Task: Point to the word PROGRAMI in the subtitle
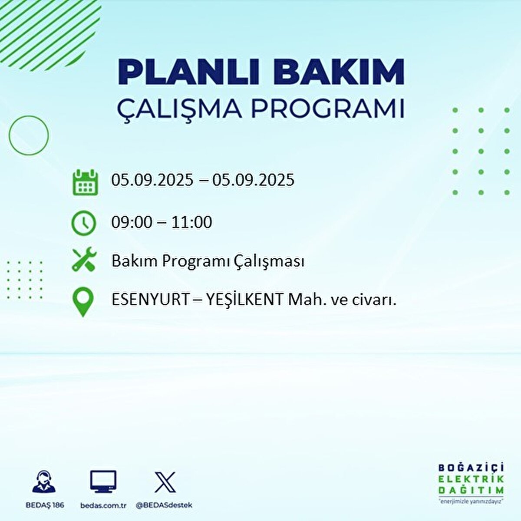coord(327,109)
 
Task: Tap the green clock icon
coord(83,223)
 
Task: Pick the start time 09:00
coord(132,222)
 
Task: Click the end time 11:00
coord(191,222)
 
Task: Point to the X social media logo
coord(165,482)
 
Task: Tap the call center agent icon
coord(44,482)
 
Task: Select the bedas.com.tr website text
coord(103,505)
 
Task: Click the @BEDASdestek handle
coord(164,505)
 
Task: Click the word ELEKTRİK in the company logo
coord(471,479)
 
